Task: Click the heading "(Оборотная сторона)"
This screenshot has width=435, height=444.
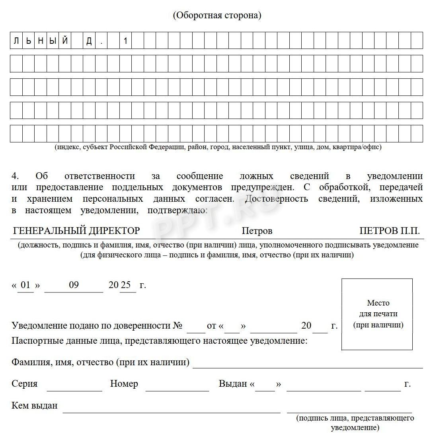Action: coord(217,16)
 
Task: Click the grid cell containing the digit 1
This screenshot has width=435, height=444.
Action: coord(125,41)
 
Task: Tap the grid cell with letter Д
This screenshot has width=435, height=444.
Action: coord(89,41)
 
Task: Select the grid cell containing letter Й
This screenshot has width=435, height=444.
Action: coord(65,41)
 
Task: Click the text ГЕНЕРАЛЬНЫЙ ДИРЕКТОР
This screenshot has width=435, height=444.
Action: coord(76,231)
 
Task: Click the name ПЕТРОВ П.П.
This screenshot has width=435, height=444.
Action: coord(389,231)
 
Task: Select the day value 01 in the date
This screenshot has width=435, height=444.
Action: coord(25,285)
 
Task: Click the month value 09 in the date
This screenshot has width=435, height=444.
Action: coord(74,285)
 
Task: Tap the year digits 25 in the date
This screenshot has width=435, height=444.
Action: coord(126,285)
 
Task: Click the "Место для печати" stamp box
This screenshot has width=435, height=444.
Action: coord(377,314)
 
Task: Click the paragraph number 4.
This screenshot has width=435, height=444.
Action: coord(15,176)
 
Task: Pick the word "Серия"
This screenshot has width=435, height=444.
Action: coord(25,384)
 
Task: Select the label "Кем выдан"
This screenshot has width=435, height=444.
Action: coord(35,405)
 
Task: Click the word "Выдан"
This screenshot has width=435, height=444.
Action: coord(233,384)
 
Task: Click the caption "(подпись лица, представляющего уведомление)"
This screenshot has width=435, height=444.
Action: coord(355,423)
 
